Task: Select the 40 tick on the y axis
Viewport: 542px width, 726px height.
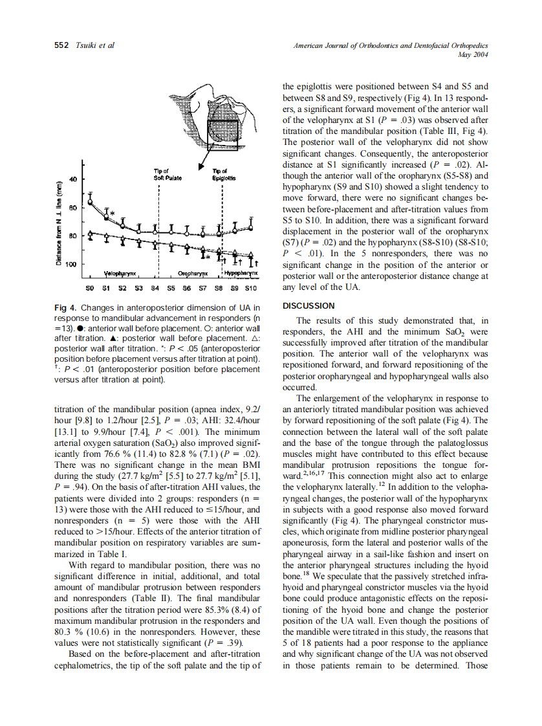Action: click(73, 179)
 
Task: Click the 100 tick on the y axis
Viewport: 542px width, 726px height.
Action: click(71, 265)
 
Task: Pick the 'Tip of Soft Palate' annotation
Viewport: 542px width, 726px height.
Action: click(158, 173)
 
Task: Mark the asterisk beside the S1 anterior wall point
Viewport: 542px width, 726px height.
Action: click(112, 212)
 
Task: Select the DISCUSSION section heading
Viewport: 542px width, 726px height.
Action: click(309, 305)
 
